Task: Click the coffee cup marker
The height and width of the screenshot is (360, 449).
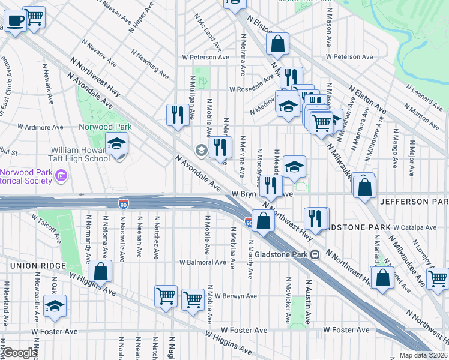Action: click(x=14, y=22)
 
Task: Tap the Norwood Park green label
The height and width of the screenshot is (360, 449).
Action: click(x=105, y=127)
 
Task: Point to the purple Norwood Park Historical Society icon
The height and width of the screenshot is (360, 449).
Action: click(x=61, y=176)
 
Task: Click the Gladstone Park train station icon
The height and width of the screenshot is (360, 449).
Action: click(x=314, y=254)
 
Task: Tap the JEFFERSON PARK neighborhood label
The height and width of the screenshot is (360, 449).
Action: click(x=414, y=202)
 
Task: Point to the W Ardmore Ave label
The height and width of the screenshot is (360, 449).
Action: click(x=40, y=127)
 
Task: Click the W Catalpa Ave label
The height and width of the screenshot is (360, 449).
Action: click(x=414, y=227)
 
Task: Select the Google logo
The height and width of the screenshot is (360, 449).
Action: click(x=19, y=353)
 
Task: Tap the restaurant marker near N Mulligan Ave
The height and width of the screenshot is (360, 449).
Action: click(x=177, y=115)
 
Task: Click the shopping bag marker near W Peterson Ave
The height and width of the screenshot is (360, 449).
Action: click(x=278, y=44)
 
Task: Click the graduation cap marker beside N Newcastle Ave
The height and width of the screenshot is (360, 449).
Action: click(x=55, y=307)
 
